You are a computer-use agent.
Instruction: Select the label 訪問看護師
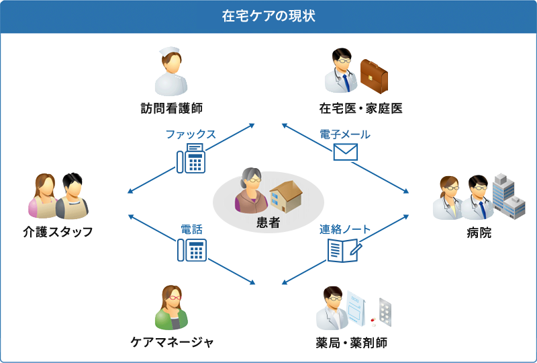[171, 108]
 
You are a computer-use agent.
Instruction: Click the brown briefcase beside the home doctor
[374, 75]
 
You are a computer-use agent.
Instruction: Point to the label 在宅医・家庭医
[360, 108]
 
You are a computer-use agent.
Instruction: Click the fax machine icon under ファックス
[191, 159]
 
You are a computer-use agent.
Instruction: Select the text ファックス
[191, 134]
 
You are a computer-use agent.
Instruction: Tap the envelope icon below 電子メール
[345, 152]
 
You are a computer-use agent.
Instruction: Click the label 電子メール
[345, 134]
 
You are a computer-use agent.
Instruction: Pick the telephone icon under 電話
[191, 250]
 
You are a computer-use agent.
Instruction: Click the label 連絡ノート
[345, 229]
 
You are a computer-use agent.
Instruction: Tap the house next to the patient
[286, 196]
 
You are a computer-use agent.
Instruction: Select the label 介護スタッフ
[58, 232]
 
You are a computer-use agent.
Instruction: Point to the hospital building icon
[508, 196]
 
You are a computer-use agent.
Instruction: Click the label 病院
[479, 233]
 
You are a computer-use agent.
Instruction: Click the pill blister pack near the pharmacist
[385, 311]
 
